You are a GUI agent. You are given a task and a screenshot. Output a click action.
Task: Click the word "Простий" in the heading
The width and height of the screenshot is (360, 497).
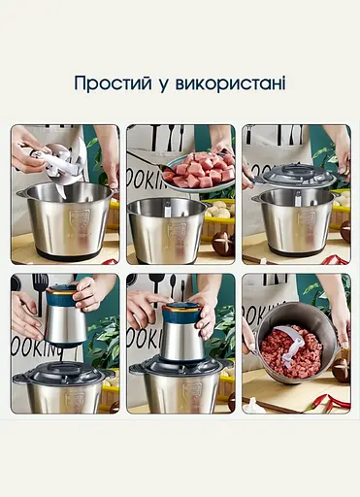(x=112, y=83)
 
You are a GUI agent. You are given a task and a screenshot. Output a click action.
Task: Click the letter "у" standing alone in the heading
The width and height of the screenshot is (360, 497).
(x=163, y=84)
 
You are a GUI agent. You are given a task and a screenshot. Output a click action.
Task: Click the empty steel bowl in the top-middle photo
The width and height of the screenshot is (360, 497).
(x=166, y=231)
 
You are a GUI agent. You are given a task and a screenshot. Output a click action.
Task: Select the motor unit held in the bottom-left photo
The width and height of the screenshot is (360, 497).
(x=65, y=316)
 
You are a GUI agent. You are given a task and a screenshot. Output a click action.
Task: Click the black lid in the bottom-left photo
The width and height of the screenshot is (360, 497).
(x=63, y=373)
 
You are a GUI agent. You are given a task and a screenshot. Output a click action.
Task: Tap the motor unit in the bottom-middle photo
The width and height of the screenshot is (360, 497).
(x=181, y=333)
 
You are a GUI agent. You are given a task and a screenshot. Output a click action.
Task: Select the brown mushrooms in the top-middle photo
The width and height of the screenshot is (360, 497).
(x=222, y=243)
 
